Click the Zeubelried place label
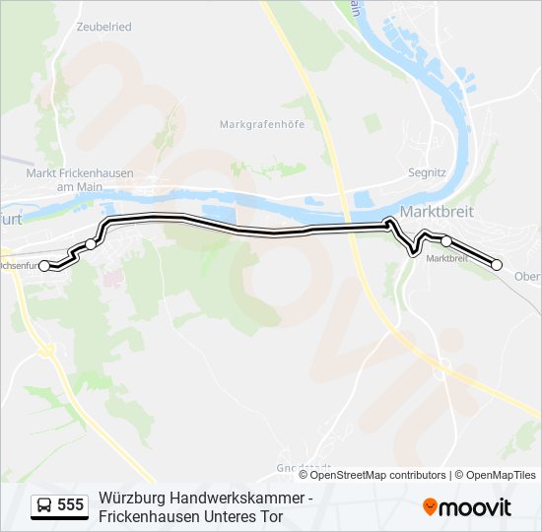(103, 28)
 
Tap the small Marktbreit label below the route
(447, 258)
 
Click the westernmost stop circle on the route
(44, 266)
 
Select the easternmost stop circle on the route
(497, 264)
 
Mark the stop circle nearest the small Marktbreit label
(446, 241)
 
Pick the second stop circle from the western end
(91, 243)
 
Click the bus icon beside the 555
(44, 505)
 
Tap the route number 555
(71, 505)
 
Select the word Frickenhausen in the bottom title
(153, 515)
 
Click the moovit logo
(467, 507)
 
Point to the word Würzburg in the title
(132, 498)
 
